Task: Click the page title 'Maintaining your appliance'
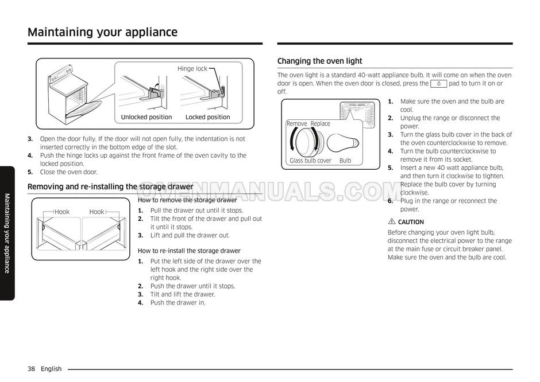[102, 32]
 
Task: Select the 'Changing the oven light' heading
[319, 61]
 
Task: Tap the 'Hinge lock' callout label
[192, 69]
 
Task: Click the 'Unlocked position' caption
[146, 117]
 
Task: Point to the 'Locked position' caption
[207, 117]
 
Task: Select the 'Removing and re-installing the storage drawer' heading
[110, 186]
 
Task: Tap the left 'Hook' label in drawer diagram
[61, 212]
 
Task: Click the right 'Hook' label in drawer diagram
[97, 212]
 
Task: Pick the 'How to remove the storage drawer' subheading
[187, 200]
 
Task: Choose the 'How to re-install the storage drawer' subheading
[189, 251]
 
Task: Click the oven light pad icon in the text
[438, 84]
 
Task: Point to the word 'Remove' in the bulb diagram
[297, 124]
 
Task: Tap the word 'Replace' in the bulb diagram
[321, 124]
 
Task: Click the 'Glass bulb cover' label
[310, 161]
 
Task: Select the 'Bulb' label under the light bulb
[345, 161]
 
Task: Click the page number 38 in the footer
[31, 369]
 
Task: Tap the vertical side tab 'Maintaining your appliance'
[7, 233]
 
